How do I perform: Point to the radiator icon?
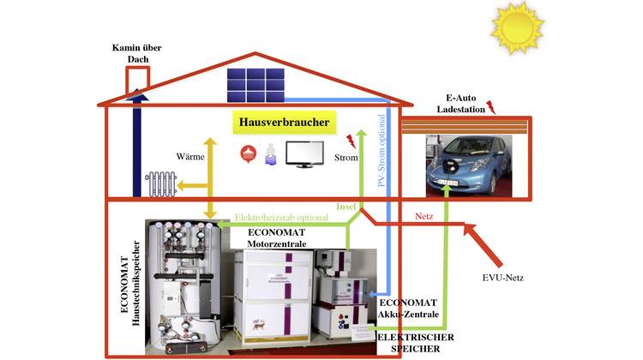tap(161, 184)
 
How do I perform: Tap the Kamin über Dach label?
tap(132, 52)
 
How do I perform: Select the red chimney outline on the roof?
tap(137, 79)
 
